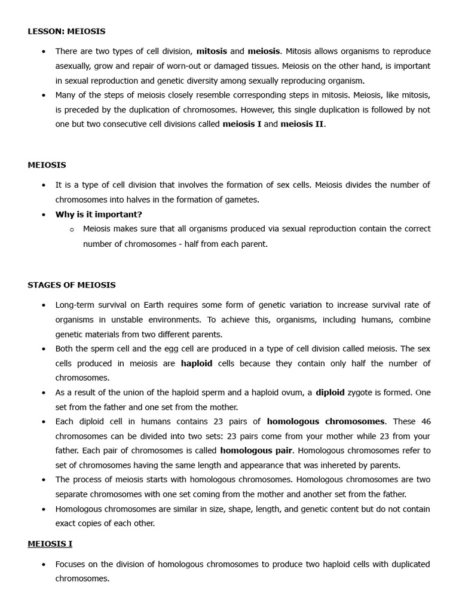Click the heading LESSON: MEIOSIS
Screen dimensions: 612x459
click(66, 31)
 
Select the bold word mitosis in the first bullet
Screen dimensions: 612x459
click(212, 51)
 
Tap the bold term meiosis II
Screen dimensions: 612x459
click(302, 124)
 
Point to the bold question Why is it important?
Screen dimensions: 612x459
click(99, 214)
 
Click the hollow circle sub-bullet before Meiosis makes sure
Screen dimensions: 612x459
click(72, 229)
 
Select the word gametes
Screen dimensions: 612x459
click(243, 200)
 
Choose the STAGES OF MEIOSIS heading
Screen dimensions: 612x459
click(72, 285)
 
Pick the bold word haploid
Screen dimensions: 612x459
click(197, 363)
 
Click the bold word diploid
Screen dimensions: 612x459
click(330, 393)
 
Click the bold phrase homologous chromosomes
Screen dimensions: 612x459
click(326, 421)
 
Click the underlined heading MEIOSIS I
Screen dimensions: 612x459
click(50, 544)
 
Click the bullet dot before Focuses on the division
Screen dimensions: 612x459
click(44, 564)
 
